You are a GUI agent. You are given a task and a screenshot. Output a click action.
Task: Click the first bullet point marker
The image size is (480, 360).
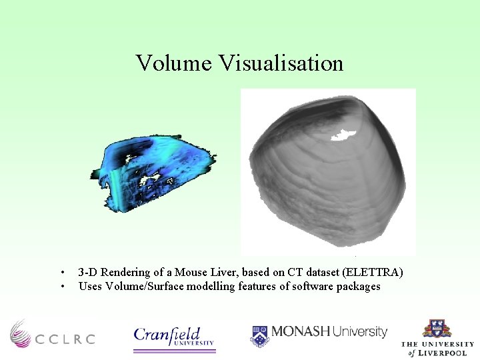[x=62, y=273]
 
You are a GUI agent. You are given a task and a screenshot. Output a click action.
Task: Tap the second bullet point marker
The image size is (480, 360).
[x=62, y=287]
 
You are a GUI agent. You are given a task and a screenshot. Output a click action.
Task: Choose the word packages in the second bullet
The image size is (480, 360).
[x=359, y=286]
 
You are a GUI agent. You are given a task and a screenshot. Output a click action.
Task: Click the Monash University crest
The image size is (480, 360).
[x=259, y=335]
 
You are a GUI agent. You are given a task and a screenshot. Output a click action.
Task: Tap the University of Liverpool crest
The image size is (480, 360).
[x=437, y=331]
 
